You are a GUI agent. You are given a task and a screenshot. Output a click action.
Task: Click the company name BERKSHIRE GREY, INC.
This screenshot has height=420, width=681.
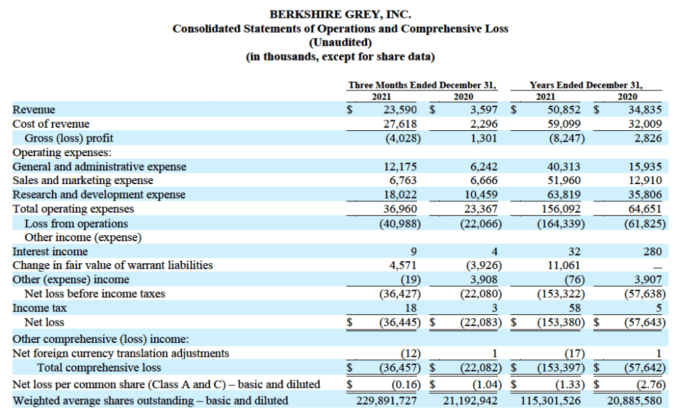tap(340, 15)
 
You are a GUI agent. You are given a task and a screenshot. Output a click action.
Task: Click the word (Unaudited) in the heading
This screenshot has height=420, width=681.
tap(340, 43)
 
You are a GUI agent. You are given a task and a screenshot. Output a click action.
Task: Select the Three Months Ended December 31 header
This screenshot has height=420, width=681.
tap(422, 85)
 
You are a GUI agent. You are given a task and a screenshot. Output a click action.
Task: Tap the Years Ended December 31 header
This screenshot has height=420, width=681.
tap(586, 85)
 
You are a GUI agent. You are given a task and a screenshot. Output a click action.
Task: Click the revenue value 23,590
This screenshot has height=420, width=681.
tap(400, 110)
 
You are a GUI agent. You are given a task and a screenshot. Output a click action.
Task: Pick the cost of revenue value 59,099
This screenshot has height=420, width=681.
tap(564, 124)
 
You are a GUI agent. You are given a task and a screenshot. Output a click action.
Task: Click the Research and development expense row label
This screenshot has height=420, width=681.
tap(99, 195)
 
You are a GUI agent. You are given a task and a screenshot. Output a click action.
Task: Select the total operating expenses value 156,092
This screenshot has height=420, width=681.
tap(561, 209)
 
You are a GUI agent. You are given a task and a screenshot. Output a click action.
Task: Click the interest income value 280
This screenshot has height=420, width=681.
tap(652, 252)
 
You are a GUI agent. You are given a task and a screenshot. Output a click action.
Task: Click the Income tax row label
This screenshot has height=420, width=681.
tap(39, 308)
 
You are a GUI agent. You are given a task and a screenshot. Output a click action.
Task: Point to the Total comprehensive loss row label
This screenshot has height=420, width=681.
tap(99, 368)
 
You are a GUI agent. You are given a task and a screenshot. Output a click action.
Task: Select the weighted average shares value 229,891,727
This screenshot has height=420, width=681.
tap(386, 401)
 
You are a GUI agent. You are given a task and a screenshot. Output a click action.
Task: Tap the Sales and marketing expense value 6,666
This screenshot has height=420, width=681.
tap(484, 181)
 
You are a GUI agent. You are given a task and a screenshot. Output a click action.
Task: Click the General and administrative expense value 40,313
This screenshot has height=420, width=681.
tap(564, 167)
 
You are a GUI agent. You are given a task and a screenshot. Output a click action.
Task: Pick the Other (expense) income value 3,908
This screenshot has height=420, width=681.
tap(484, 279)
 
